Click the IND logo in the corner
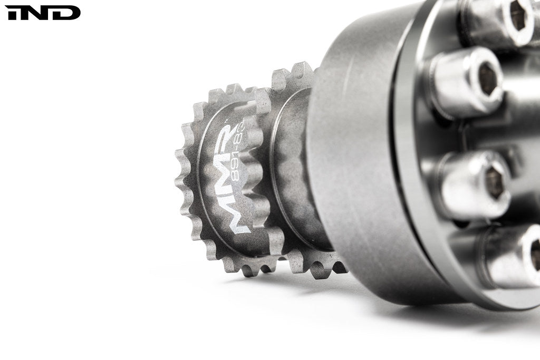point(43,13)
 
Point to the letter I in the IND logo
point(12,13)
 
